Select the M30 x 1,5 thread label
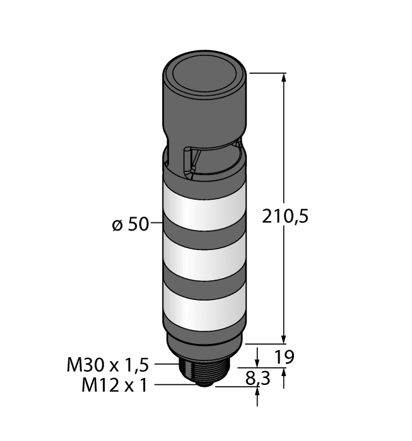pyautogui.click(x=107, y=364)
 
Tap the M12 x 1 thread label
pyautogui.click(x=114, y=385)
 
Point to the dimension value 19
pyautogui.click(x=285, y=357)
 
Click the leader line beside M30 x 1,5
pyautogui.click(x=167, y=364)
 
